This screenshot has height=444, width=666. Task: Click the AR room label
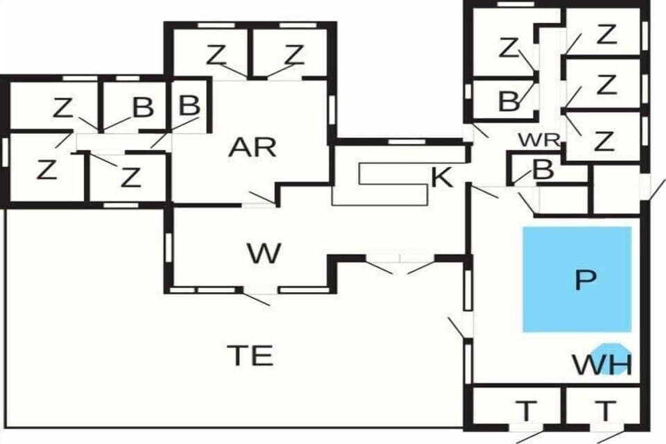pyautogui.click(x=253, y=147)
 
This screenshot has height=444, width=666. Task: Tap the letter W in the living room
pyautogui.click(x=264, y=254)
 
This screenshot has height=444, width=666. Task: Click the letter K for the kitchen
pyautogui.click(x=442, y=178)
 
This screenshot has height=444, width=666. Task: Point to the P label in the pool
pyautogui.click(x=586, y=280)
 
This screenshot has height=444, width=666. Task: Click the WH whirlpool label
pyautogui.click(x=601, y=364)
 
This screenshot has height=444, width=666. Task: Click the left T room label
pyautogui.click(x=527, y=411)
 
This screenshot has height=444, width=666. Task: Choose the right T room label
pyautogui.click(x=606, y=411)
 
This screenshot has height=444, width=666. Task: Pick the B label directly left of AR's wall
pyautogui.click(x=189, y=106)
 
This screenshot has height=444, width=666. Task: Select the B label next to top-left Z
pyautogui.click(x=142, y=108)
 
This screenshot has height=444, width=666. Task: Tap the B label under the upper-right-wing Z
pyautogui.click(x=509, y=101)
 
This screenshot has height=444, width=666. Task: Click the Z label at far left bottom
pyautogui.click(x=46, y=169)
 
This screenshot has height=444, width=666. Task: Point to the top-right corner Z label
pyautogui.click(x=606, y=33)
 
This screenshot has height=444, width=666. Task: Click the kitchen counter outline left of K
pyautogui.click(x=388, y=182)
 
